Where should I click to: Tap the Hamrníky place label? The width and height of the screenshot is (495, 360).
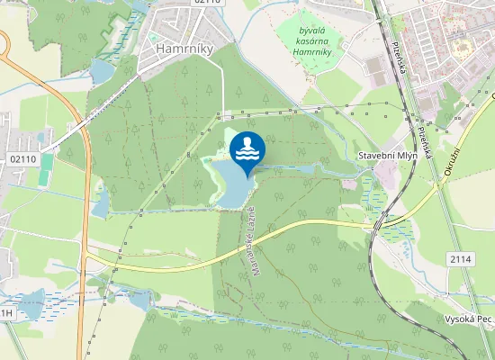point(184,49)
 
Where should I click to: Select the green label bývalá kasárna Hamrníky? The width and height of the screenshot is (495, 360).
point(312,41)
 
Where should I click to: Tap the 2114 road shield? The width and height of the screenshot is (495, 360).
point(460,259)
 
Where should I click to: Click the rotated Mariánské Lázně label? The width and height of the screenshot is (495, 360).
point(255,238)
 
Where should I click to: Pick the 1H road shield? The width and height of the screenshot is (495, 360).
point(6,312)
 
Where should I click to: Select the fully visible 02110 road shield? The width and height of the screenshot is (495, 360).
point(23,159)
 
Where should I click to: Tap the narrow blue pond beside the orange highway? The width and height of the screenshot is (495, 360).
point(100,202)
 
